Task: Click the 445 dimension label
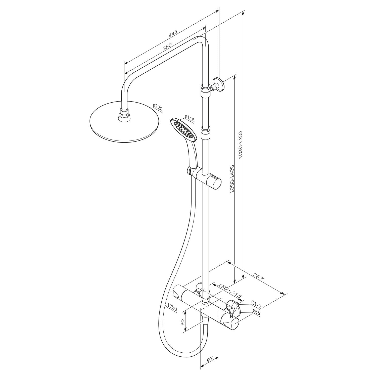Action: click(173, 34)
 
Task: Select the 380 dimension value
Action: click(167, 47)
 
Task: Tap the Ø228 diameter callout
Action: click(158, 108)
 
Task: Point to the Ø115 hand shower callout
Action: click(190, 118)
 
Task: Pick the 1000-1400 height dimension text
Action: click(232, 179)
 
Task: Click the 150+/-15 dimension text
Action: click(229, 291)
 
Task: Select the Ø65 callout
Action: click(256, 312)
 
